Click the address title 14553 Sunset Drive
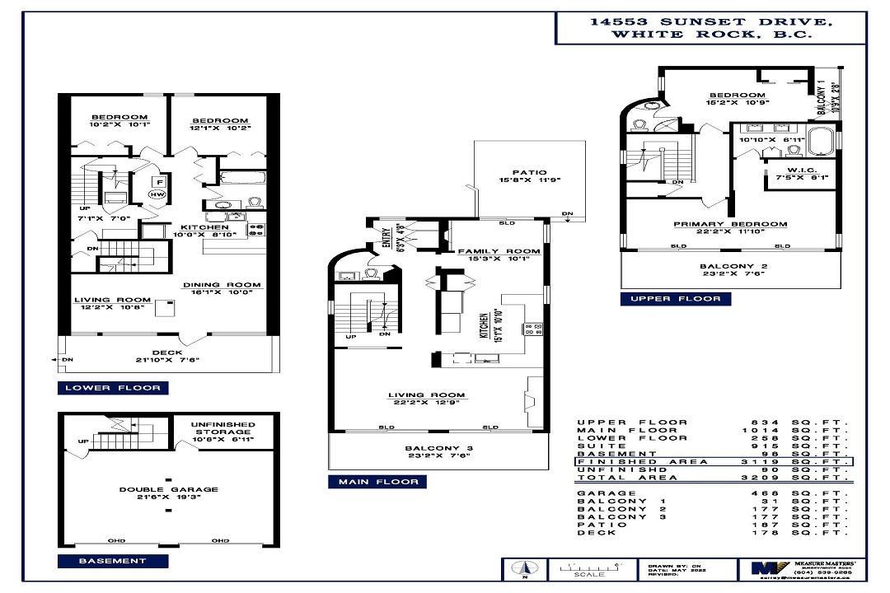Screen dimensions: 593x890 [x=710, y=22]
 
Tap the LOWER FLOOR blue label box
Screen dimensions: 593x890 [x=114, y=388]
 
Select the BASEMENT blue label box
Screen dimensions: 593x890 [x=112, y=561]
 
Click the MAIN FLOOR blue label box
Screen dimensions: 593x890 [x=377, y=482]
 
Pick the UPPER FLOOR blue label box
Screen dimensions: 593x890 [x=676, y=298]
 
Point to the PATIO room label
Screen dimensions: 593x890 [x=529, y=172]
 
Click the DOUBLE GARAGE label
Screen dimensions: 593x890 [x=168, y=489]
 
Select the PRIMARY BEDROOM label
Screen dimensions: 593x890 [x=729, y=224]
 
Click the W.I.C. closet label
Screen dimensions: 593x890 [x=789, y=170]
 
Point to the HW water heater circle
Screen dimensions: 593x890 [x=157, y=194]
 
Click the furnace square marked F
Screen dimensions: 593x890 [x=161, y=180]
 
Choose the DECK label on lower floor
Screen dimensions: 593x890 [x=167, y=353]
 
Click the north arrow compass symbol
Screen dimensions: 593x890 [x=521, y=567]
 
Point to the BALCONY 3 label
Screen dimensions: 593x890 [x=438, y=449]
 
